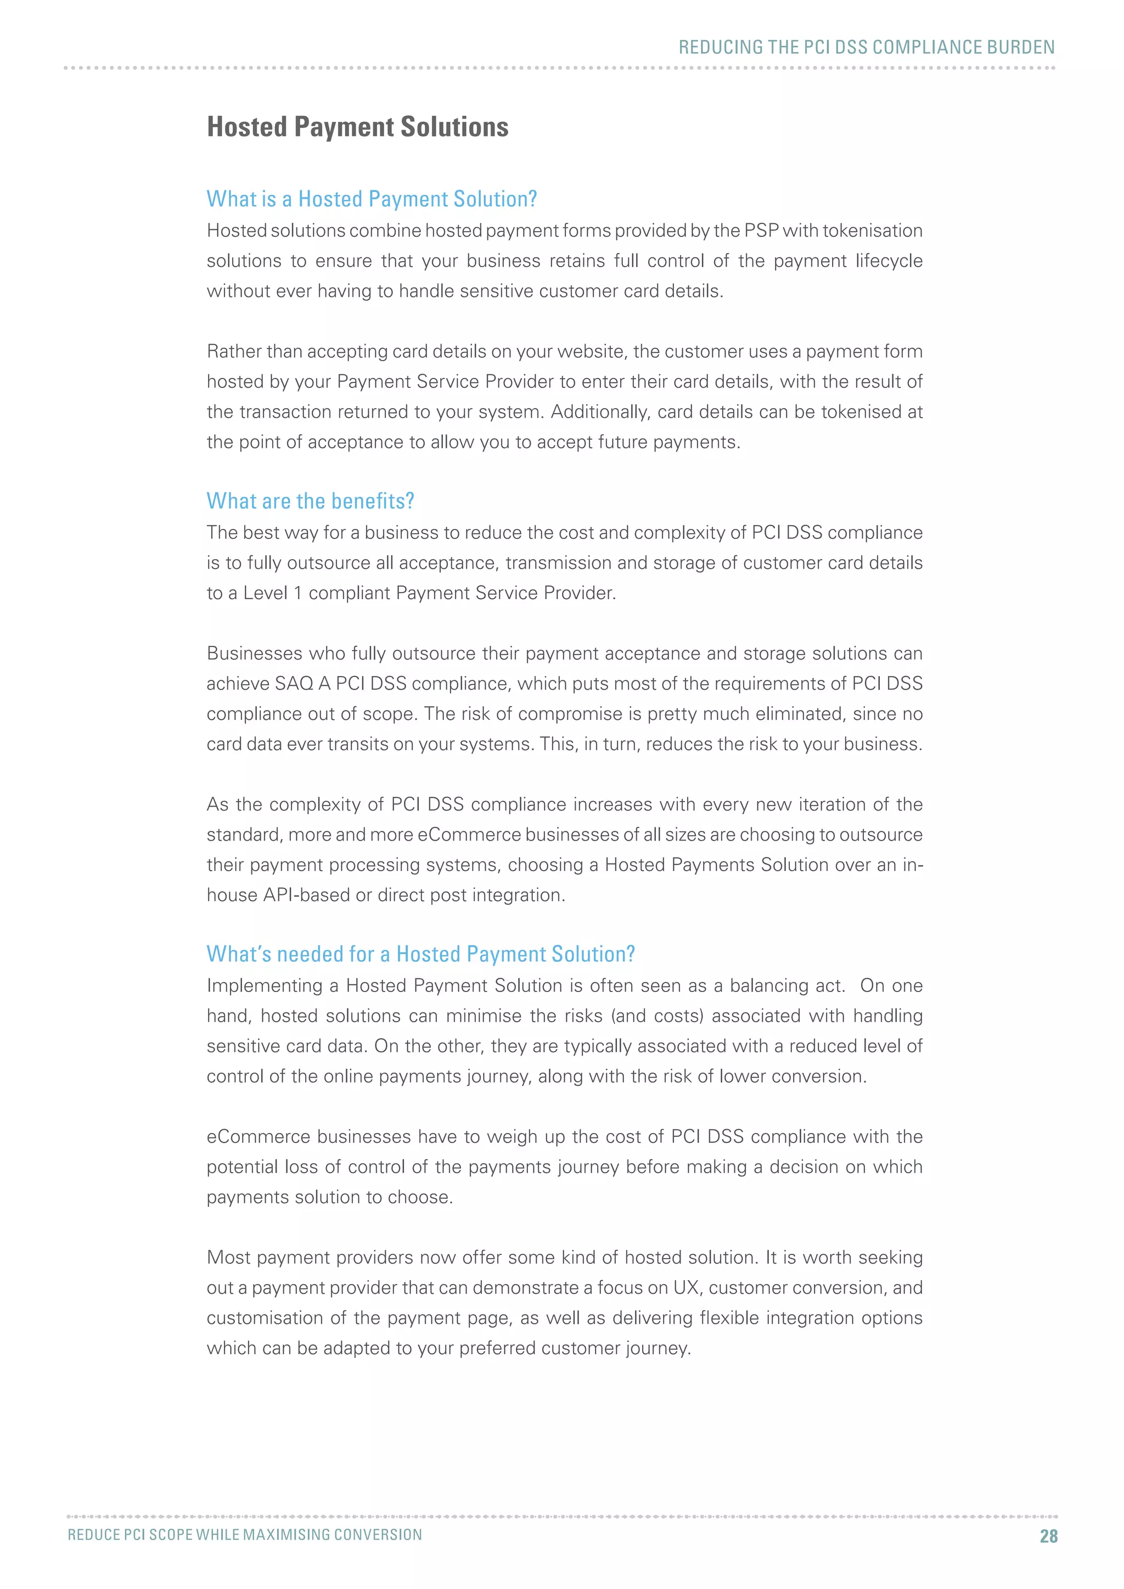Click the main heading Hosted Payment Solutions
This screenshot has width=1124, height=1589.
click(357, 127)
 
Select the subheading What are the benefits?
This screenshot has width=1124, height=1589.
click(310, 500)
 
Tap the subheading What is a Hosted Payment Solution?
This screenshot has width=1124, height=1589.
click(372, 199)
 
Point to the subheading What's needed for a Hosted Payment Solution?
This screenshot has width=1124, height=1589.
click(420, 954)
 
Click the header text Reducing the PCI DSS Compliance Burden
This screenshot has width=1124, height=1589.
click(866, 47)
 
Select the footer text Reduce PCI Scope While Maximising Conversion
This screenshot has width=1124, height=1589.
click(245, 1534)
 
